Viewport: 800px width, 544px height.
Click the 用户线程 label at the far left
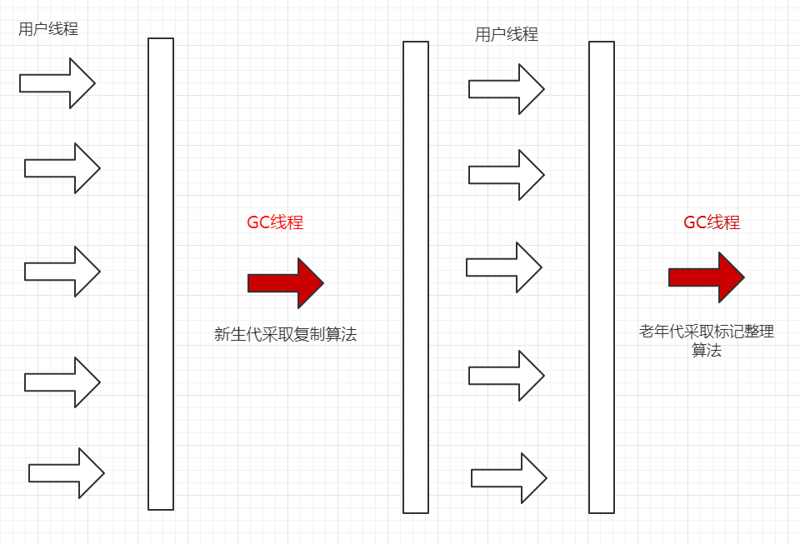(x=48, y=29)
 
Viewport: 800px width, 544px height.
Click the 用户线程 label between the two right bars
(x=507, y=35)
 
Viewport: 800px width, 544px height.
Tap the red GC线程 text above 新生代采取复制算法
(x=275, y=222)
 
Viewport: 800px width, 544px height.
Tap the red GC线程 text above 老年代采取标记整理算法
(x=712, y=222)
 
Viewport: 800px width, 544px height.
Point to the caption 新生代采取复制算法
(x=286, y=335)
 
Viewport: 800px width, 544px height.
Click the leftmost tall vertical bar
(x=161, y=273)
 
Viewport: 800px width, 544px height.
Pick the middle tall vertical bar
(x=416, y=277)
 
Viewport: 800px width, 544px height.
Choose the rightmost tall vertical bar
(x=602, y=277)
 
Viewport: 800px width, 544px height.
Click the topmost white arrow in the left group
(x=57, y=83)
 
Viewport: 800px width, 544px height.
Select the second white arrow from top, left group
(x=62, y=168)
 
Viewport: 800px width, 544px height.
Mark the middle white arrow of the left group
(x=62, y=272)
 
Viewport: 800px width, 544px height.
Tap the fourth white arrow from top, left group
(x=62, y=382)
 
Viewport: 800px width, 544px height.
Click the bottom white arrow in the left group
(x=67, y=473)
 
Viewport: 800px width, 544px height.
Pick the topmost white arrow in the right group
(x=507, y=89)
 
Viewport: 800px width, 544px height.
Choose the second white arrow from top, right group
(x=507, y=175)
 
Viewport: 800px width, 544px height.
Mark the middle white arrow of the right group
(x=504, y=267)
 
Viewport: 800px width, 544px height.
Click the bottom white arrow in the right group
(x=509, y=478)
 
